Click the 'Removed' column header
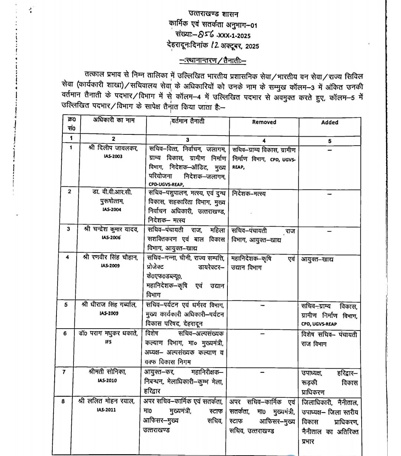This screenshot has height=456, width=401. pos(264,122)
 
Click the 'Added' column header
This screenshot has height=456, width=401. pos(330,122)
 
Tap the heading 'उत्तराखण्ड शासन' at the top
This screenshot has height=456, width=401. pos(214,14)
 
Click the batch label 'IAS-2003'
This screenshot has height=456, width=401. pos(113,156)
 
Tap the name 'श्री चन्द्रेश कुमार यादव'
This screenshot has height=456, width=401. pos(111,229)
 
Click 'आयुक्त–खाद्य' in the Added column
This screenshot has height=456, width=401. pos(317,259)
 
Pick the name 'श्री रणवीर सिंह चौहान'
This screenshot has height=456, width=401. pos(112,257)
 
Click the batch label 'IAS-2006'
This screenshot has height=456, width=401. pos(112,237)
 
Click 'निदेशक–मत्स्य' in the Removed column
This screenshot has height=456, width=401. pos(249,194)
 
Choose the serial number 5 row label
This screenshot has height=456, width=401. pos(66,305)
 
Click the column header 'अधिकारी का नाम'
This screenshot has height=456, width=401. pos(109,120)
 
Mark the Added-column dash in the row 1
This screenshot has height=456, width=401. pos(329,150)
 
